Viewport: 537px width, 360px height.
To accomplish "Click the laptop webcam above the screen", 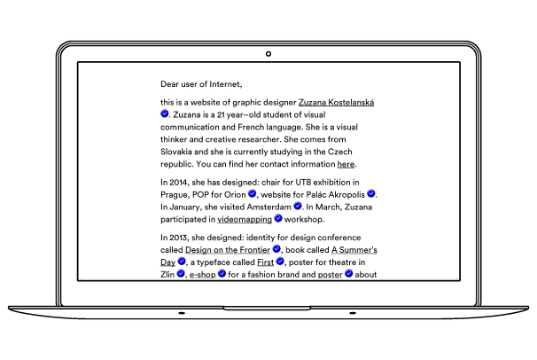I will pos(268,54).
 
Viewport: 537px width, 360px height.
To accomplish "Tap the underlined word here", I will pos(346,165).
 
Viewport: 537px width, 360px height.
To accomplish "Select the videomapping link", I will pos(245,218).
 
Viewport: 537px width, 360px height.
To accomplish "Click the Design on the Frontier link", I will pos(226,250).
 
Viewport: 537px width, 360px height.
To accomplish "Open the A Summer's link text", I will pos(355,250).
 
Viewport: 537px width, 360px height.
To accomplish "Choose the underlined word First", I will pos(265,262).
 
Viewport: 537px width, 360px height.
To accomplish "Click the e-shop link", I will pos(201,275).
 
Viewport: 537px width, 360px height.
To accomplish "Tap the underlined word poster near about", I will pos(330,275).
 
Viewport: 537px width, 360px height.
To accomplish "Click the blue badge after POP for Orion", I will pos(252,193).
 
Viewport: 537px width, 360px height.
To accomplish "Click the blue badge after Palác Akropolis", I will pos(371,193).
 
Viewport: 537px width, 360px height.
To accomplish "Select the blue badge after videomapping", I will pos(278,218).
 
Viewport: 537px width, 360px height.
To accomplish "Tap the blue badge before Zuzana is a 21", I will pos(165,115).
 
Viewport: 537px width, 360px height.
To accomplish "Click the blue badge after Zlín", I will pos(181,275).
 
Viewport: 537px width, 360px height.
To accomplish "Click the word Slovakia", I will pos(178,153).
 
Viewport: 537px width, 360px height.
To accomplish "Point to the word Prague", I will pos(175,193).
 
